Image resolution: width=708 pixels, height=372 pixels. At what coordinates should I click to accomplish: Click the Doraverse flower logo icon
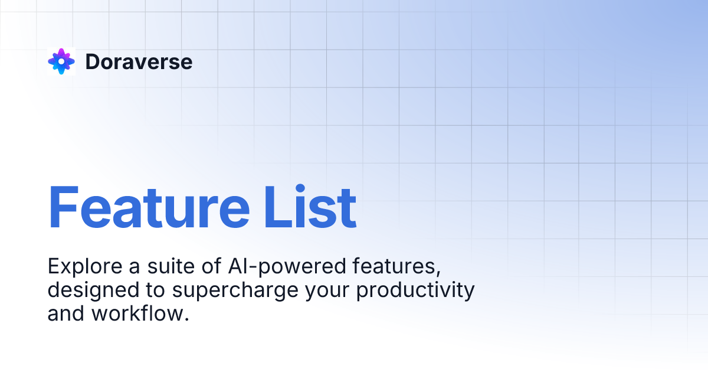tap(61, 61)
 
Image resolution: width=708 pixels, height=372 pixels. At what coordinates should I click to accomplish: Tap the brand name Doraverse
tap(139, 61)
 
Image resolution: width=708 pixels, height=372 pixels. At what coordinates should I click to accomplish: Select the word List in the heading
tap(311, 208)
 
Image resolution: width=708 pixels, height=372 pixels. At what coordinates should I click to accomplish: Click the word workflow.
tap(140, 314)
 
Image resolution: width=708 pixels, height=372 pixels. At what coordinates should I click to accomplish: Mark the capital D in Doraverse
tap(93, 61)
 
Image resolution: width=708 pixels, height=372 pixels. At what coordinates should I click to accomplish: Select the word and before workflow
tap(66, 314)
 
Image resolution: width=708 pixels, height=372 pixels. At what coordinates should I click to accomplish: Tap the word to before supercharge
tap(150, 291)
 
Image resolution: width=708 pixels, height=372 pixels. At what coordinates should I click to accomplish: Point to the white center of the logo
tap(61, 61)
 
